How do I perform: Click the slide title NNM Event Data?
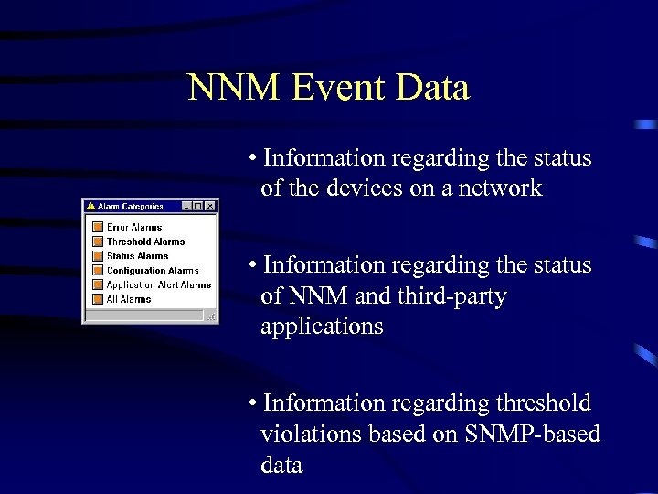click(328, 88)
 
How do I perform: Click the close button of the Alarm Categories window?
click(210, 207)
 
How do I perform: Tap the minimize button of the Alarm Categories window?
click(187, 207)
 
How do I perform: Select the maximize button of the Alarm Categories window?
click(198, 207)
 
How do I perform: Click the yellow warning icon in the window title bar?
click(90, 207)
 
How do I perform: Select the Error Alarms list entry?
click(133, 227)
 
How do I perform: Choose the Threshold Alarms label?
click(145, 242)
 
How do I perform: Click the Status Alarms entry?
click(137, 256)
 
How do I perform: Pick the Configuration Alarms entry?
click(152, 271)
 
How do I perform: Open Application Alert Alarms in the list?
click(158, 285)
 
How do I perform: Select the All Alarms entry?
click(129, 299)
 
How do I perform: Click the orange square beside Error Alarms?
click(97, 227)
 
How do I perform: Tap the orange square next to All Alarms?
click(97, 299)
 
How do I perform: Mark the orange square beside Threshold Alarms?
click(97, 242)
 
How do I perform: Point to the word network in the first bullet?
click(499, 188)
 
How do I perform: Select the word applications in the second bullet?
click(322, 327)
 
